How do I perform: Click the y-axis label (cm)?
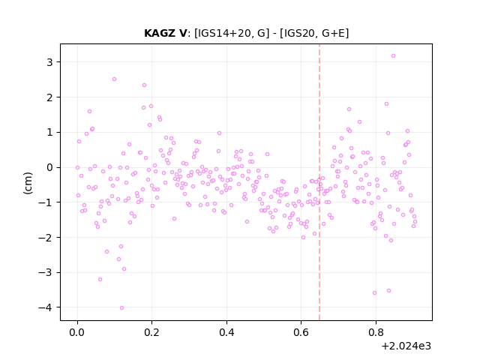click(28, 183)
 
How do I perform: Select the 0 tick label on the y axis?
click(49, 167)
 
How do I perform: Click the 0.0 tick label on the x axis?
click(77, 332)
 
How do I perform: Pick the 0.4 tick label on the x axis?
click(226, 332)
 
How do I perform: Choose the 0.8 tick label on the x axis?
click(376, 332)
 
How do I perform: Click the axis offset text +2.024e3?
click(406, 346)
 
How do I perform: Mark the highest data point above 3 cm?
click(393, 56)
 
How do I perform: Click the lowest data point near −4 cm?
click(121, 308)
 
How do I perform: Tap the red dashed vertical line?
click(319, 182)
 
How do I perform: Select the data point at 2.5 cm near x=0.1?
click(114, 79)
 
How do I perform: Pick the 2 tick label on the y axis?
click(49, 97)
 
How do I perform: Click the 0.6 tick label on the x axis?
click(301, 332)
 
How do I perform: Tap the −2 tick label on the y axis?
click(45, 237)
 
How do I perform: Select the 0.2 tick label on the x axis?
click(151, 332)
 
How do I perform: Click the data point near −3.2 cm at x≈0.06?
click(100, 280)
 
